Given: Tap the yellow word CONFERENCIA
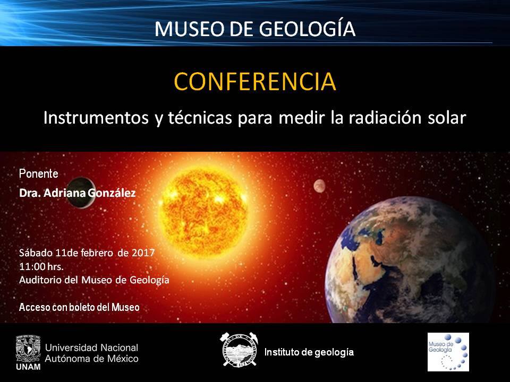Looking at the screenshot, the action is [255, 81].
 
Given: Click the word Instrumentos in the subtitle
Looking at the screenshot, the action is [96, 118].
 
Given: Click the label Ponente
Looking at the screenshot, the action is [39, 173].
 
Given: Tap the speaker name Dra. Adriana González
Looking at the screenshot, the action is [78, 193].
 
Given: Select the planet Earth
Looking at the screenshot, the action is [410, 260].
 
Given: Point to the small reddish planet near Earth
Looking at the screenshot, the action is [319, 186].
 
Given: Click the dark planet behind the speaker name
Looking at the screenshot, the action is [81, 192].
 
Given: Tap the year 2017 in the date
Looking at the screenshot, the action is [143, 253].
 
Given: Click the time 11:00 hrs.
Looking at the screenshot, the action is [41, 267].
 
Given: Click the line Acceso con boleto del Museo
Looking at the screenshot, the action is [79, 307].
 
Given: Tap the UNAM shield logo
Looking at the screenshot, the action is [28, 349].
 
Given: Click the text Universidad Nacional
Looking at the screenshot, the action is [92, 348].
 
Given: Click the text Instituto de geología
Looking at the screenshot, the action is [309, 352].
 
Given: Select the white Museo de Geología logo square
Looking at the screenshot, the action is [448, 352].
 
